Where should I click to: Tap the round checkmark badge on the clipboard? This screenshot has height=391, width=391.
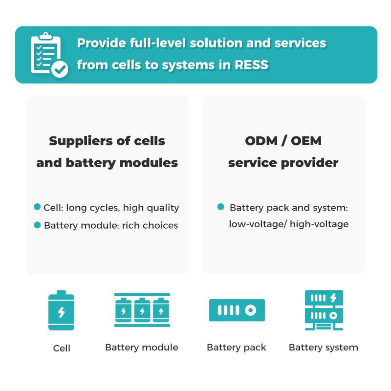[x=60, y=69]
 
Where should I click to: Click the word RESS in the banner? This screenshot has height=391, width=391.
[x=251, y=65]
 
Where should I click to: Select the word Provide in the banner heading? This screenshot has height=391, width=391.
[x=101, y=43]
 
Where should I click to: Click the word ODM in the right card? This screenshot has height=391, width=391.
[x=261, y=141]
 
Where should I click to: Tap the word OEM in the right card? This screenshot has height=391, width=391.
[x=306, y=141]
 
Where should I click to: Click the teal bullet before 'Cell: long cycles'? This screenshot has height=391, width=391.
[x=37, y=207]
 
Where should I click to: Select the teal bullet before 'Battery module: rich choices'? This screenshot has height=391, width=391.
[x=37, y=225]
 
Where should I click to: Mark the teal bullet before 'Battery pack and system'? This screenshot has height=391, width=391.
[x=221, y=207]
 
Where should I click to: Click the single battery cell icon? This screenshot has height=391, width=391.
[x=62, y=310]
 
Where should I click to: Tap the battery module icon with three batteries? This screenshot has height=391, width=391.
[x=142, y=310]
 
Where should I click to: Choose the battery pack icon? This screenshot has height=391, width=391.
[x=237, y=310]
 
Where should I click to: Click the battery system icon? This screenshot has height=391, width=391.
[x=324, y=310]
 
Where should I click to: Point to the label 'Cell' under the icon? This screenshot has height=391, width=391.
[x=62, y=348]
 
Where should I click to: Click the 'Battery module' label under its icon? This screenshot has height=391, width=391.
[x=142, y=348]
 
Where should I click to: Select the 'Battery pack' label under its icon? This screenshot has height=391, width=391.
[x=237, y=348]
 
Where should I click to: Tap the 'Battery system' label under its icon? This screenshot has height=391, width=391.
[x=324, y=348]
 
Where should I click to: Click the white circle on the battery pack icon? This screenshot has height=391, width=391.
[x=250, y=310]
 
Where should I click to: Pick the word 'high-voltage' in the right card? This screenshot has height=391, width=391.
[x=319, y=224]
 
